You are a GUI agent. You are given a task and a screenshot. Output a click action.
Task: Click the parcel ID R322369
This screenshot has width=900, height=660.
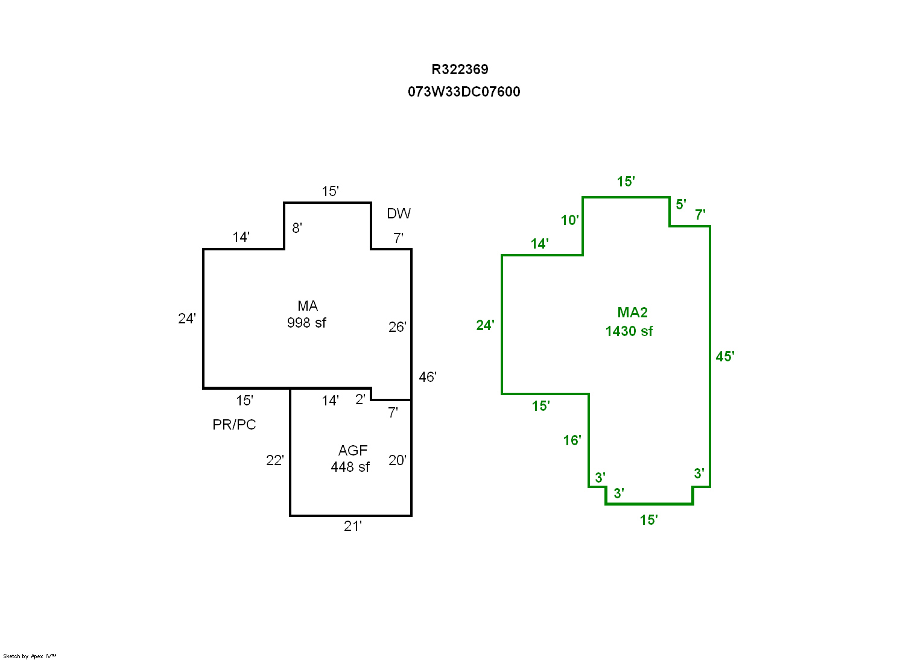coord(460,69)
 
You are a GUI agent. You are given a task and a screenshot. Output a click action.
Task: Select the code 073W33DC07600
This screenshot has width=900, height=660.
coord(464,92)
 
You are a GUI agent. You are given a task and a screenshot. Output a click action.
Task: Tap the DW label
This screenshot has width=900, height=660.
coord(399,214)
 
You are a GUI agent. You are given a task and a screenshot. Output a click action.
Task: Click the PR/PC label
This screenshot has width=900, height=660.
coord(234,425)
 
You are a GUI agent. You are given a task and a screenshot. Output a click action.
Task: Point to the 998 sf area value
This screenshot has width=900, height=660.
coord(306,323)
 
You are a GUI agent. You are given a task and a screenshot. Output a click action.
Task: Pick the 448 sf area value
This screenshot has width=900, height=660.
coord(350,467)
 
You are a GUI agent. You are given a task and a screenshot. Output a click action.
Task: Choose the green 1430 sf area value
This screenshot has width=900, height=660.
coord(629,331)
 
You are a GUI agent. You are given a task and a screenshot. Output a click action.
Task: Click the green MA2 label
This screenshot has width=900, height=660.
coord(632,313)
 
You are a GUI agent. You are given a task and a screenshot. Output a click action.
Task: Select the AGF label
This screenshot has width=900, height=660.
coord(353,451)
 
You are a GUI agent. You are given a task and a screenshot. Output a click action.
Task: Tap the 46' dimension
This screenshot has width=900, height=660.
coord(428,377)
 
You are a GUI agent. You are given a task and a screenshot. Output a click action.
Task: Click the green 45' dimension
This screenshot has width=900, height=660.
coord(725,357)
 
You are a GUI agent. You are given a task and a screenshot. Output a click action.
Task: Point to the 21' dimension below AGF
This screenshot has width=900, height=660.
coord(353,526)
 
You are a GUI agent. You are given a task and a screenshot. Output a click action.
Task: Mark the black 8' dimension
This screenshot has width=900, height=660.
coord(297,228)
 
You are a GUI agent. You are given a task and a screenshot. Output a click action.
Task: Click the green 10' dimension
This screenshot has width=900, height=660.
coord(570,220)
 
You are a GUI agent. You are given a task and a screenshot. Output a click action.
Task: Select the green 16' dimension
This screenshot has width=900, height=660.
coord(572,440)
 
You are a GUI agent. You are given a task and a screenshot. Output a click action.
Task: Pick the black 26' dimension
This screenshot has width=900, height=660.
coord(398,327)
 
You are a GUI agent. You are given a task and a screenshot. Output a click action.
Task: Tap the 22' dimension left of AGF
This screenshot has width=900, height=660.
coord(275,460)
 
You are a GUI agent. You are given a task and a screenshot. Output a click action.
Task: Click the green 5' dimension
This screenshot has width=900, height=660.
coord(680,205)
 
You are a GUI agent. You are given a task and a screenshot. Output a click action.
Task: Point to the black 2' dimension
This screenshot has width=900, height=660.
coord(360,399)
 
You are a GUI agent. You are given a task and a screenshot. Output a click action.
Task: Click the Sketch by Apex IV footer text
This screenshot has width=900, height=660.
coord(30,656)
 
